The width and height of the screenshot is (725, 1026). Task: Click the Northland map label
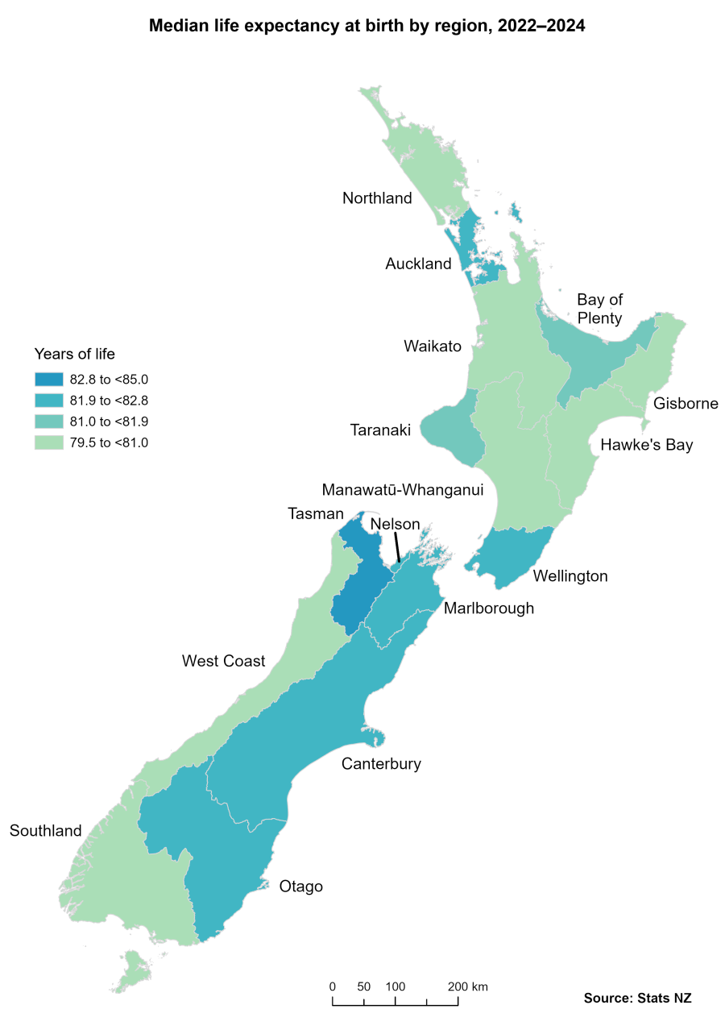pos(377,198)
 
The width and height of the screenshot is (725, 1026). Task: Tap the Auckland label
pos(418,264)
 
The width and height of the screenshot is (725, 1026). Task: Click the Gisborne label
pos(686,403)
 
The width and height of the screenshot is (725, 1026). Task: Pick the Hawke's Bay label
pos(646,445)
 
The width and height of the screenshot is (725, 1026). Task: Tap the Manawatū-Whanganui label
pos(403,490)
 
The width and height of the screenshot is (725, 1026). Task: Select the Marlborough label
pos(488,608)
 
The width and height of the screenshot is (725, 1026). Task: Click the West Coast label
pos(223,661)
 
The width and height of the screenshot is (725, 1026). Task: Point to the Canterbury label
pos(381,763)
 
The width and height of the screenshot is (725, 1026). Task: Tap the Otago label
pos(300,887)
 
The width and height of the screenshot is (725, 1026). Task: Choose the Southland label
pos(45,830)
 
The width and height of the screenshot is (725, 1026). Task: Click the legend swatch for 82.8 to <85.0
pos(48,379)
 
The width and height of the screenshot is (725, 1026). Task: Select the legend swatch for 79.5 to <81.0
pos(48,442)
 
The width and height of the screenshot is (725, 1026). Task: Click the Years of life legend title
pos(75,354)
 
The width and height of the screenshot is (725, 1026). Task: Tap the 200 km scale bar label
pos(468,987)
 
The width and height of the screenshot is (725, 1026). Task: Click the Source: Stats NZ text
pos(637,998)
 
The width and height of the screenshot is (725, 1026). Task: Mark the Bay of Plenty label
pos(599,309)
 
